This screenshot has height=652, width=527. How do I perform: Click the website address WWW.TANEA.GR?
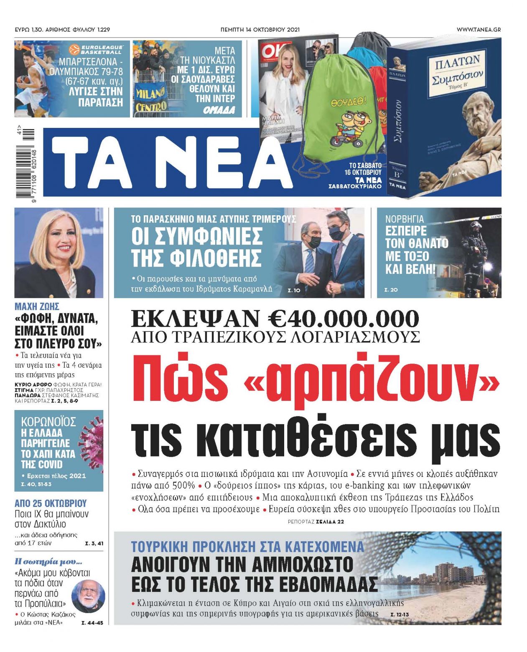click(x=479, y=30)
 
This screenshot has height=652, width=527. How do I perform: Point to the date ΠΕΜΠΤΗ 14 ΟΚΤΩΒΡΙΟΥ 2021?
click(x=260, y=30)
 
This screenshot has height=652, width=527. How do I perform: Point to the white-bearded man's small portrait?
click(x=88, y=596)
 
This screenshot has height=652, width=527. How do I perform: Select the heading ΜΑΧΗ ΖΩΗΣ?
click(x=37, y=306)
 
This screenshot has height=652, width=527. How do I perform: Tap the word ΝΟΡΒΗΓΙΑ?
click(x=404, y=219)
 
